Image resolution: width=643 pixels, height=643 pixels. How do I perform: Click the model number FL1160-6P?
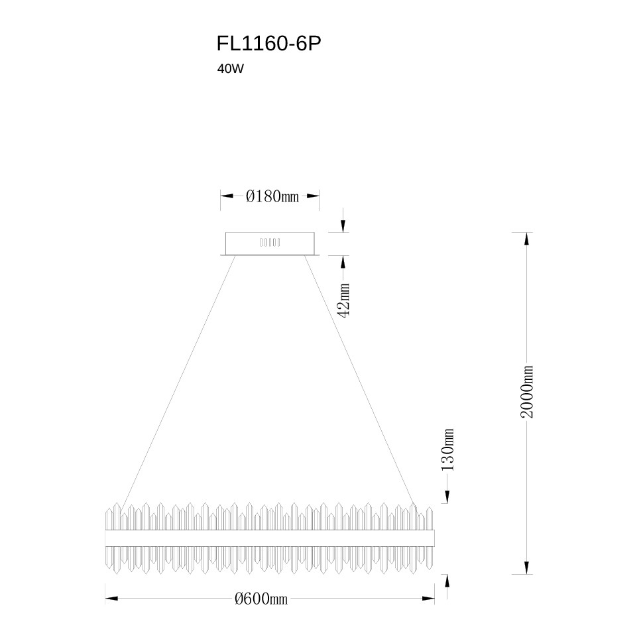pos(268,44)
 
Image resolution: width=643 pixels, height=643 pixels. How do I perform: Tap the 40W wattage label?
pos(231,69)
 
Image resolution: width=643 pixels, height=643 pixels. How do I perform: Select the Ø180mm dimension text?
pos(272,196)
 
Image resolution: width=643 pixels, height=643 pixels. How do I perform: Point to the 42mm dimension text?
pos(343,300)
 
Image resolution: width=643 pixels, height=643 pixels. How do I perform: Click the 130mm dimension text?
pos(448,449)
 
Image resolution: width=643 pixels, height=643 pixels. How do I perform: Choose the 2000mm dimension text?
pos(527,392)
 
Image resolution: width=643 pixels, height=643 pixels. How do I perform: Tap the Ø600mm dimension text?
pos(261,599)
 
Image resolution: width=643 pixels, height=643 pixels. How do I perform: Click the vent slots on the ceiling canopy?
pos(270,243)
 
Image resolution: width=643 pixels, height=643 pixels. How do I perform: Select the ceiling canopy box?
pos(270,244)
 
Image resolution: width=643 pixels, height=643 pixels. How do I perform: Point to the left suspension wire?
pos(177,384)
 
